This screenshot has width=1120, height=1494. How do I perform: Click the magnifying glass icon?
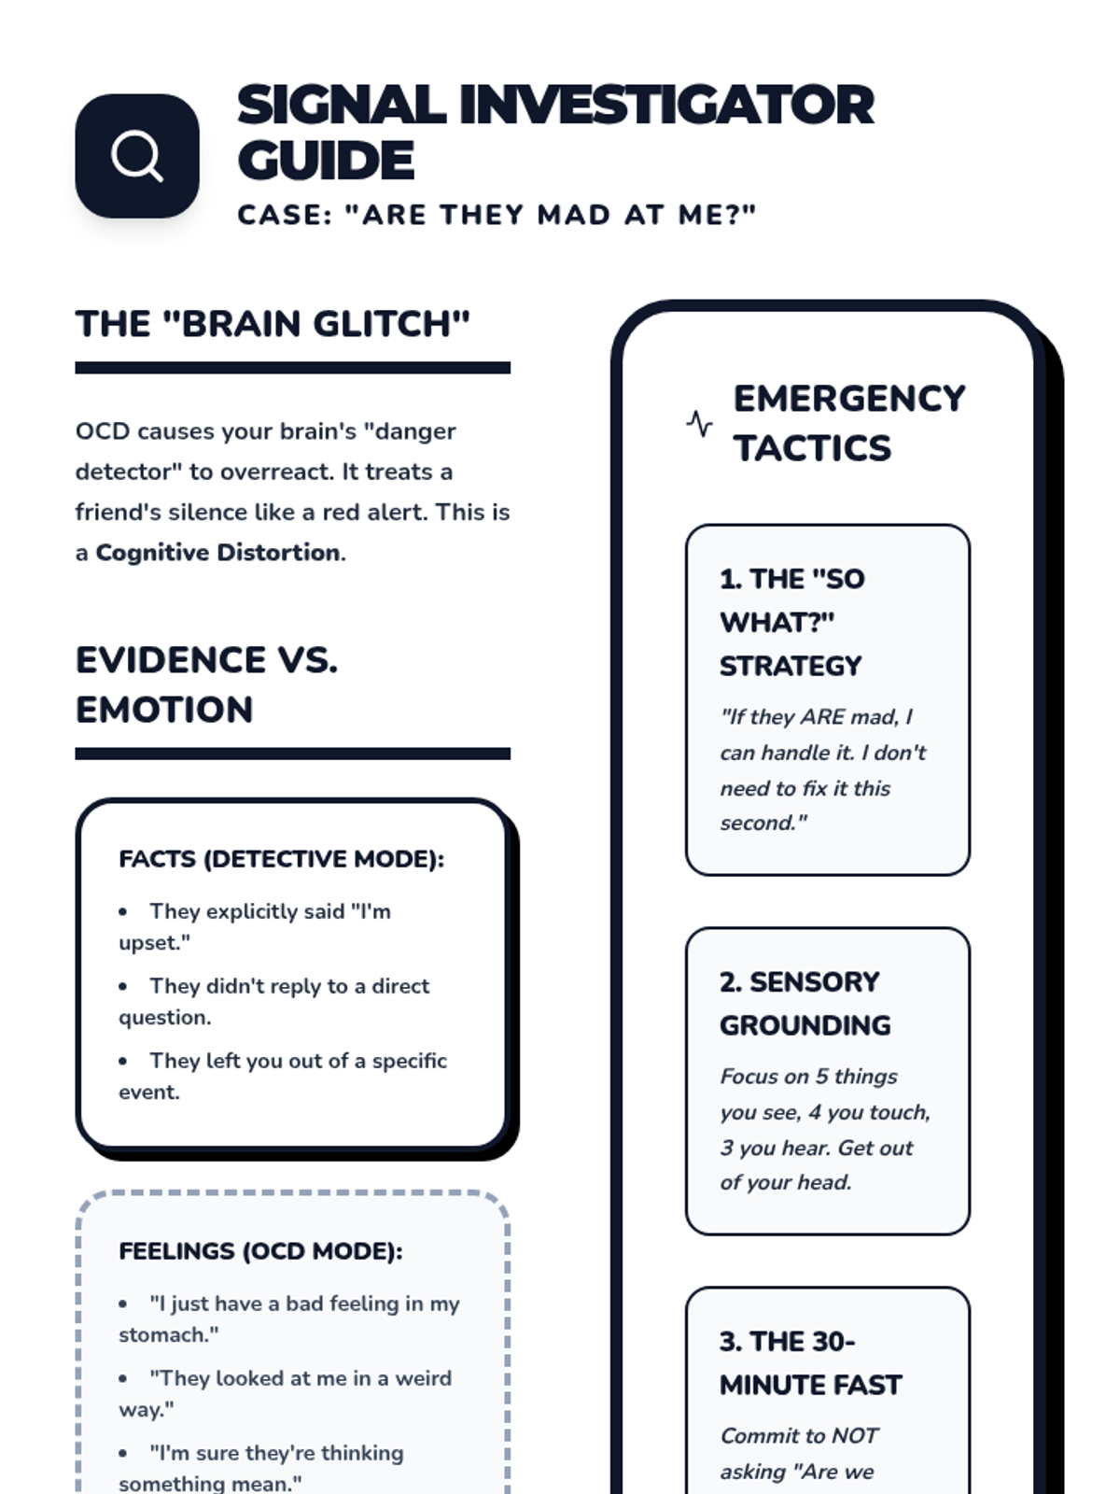coord(137,156)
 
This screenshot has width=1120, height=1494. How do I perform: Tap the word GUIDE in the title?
coord(326,161)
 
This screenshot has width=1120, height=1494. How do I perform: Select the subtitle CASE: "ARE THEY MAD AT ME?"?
coord(497,215)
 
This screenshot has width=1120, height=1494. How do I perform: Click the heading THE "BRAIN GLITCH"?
coord(273,324)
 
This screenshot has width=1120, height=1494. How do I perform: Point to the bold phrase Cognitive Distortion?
coord(217,553)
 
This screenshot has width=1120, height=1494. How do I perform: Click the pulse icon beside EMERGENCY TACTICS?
coord(699,424)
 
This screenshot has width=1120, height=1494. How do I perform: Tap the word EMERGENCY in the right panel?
coord(849,399)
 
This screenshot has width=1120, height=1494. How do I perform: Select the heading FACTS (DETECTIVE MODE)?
coord(281,859)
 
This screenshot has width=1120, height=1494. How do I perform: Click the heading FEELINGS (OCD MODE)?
coord(260,1251)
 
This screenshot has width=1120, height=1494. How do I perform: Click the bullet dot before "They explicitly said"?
coord(123,911)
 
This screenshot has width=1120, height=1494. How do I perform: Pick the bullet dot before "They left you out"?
coord(123,1061)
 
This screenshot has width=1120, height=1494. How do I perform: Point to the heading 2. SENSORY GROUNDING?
coord(805,1004)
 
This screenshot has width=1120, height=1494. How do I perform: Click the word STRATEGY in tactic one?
coord(791,666)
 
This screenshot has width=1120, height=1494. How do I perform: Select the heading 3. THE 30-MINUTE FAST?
coord(810,1363)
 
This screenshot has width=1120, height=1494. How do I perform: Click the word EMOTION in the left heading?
coord(164,710)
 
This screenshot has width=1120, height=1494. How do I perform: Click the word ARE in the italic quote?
coord(822,717)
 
